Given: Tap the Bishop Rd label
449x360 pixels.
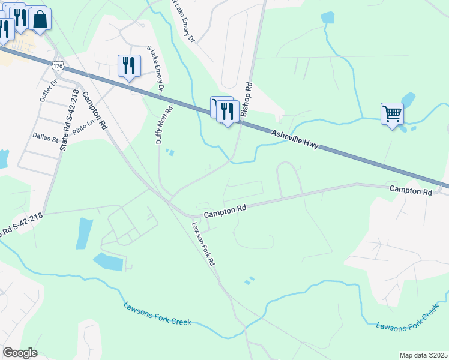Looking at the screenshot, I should [x=246, y=100].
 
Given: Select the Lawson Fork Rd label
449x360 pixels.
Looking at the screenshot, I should [x=203, y=244].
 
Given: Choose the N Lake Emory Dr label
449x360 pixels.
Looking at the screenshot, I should [x=184, y=22].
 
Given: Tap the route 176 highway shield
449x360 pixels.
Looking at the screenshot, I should [x=58, y=64].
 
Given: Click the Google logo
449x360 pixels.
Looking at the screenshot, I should [x=20, y=353].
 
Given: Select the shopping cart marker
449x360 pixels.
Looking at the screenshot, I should [x=391, y=112].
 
